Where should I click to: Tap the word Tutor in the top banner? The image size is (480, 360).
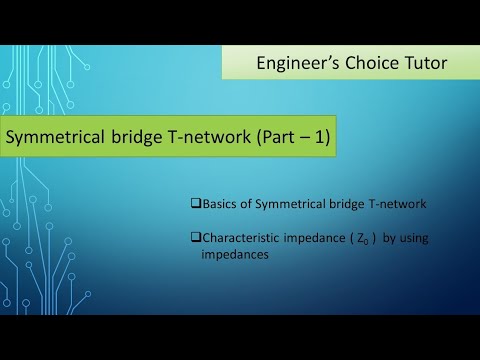coord(427,63)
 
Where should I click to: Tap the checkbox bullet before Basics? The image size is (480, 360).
coord(195,205)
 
